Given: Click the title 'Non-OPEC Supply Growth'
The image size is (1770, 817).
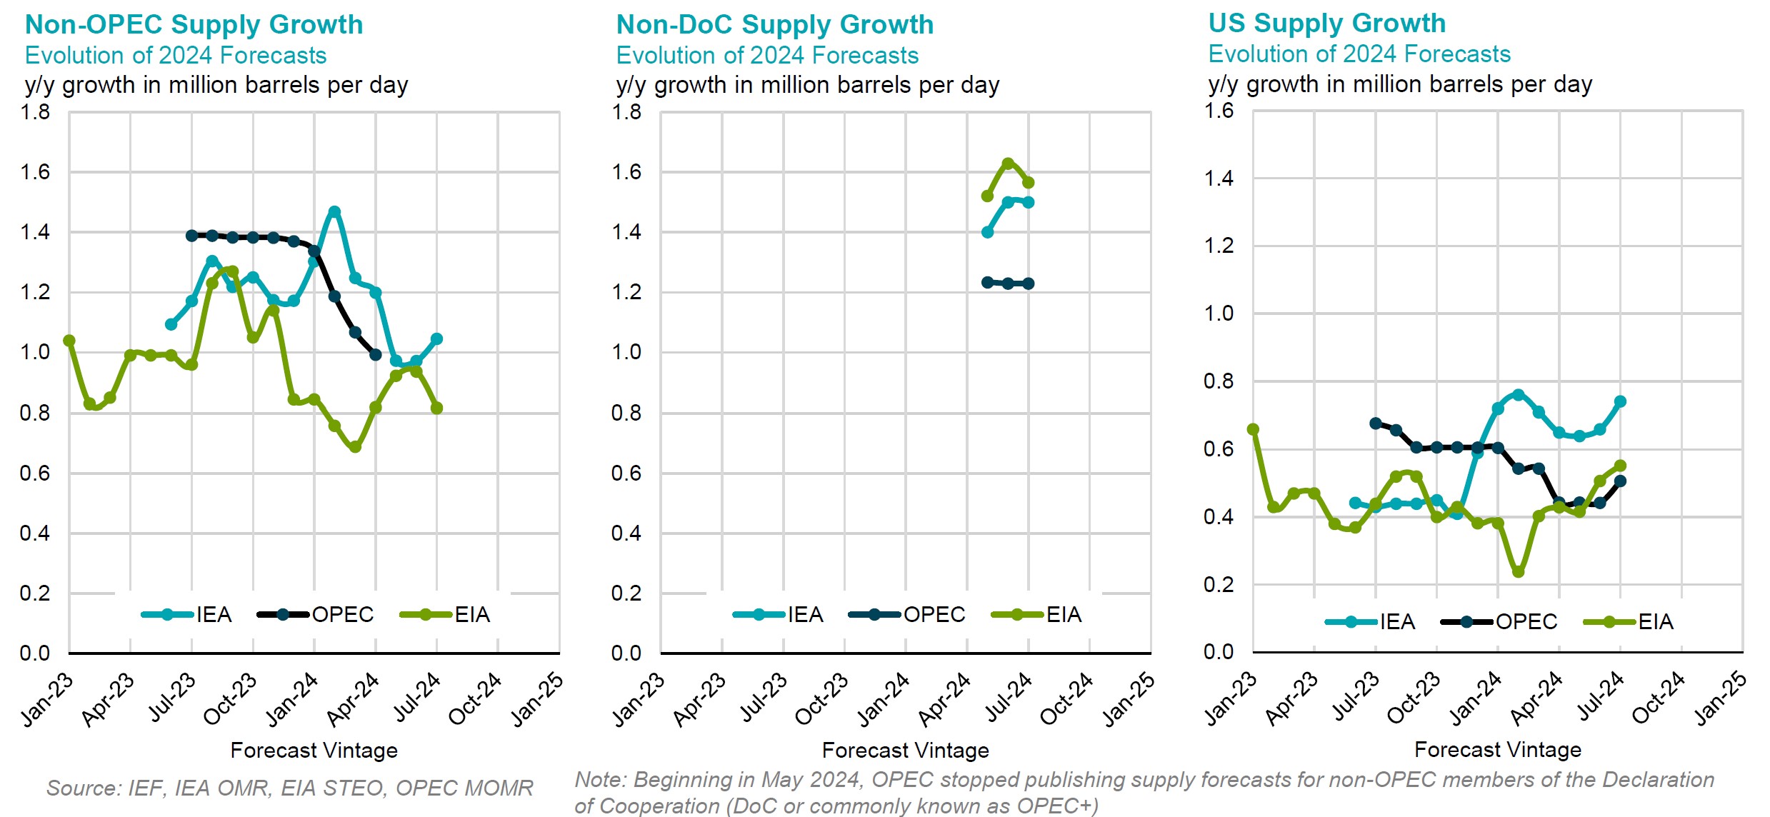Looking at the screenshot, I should [x=194, y=25].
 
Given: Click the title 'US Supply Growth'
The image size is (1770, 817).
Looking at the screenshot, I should [x=1326, y=24].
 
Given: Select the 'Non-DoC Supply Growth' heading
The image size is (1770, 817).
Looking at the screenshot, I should [x=774, y=25].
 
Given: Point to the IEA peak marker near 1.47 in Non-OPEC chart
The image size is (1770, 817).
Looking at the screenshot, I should [x=334, y=211].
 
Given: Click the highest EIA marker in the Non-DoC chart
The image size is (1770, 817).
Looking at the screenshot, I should [x=1008, y=164].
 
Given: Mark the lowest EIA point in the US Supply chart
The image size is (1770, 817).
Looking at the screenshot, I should [x=1518, y=572].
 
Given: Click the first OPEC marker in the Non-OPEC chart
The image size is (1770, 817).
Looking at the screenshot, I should [x=191, y=235].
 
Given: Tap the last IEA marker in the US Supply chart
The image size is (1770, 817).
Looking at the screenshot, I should [x=1620, y=401].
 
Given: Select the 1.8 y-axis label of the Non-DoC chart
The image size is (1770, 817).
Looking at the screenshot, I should [x=626, y=112].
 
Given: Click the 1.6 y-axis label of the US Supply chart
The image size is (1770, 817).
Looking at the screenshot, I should [x=1219, y=111].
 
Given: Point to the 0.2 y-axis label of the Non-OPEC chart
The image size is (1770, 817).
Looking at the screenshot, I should [x=35, y=593].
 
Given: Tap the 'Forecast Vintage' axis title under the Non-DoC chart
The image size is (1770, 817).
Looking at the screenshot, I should [x=905, y=751].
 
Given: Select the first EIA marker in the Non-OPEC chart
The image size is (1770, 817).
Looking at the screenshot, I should [x=69, y=341].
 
